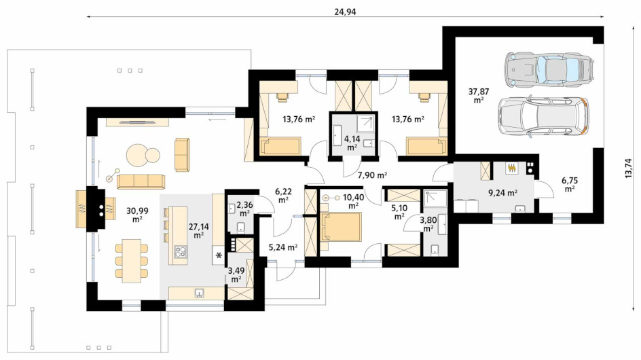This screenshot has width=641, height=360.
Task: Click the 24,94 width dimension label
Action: coord(345,12)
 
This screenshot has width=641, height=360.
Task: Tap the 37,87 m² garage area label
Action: coord(478,96)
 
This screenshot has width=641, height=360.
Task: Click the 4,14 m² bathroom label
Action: coord(352,143)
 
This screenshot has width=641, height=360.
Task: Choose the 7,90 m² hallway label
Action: coord(372,175)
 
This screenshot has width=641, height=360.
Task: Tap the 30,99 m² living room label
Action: coord(137,215)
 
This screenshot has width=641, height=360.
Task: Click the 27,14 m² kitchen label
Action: coord(199,231)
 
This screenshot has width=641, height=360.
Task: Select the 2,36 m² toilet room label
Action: coord(244,209)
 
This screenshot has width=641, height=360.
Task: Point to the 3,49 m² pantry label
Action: coord(236,274)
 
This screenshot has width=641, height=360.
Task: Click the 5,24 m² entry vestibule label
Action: coord(283,247)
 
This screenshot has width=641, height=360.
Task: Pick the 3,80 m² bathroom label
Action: coord(428,224)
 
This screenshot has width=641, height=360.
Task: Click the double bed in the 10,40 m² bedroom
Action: coord(341,227)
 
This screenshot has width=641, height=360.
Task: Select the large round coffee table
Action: coord(137,156)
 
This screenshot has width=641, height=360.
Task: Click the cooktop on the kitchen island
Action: coord(181,251)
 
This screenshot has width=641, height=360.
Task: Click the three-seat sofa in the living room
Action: coord(141,181)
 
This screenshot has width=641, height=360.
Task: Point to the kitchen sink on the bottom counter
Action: coord(200,292)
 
